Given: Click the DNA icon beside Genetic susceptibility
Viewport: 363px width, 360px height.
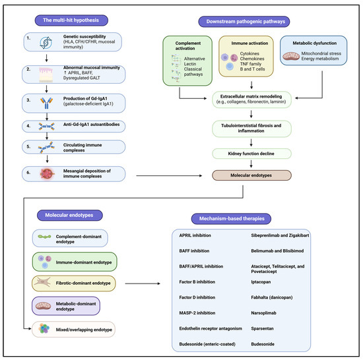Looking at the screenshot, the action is [46, 43].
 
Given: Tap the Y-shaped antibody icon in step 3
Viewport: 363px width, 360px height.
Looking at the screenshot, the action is [47, 103].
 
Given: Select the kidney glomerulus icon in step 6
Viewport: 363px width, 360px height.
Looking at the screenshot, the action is [47, 173].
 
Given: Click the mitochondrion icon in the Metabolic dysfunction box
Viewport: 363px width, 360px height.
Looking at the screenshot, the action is [291, 56].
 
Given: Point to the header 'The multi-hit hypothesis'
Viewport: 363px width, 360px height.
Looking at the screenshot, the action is [71, 20].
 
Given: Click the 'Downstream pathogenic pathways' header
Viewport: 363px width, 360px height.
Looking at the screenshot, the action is [244, 22].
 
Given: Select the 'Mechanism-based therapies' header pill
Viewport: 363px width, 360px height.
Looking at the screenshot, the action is [231, 219].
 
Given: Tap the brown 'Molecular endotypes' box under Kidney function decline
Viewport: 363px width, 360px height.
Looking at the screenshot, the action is [251, 175].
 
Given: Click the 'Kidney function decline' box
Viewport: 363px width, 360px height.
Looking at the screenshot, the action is [251, 154].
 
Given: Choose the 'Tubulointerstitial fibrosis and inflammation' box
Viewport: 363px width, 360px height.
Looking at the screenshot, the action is [251, 129].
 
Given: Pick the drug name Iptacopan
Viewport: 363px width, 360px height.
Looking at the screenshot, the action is [261, 282].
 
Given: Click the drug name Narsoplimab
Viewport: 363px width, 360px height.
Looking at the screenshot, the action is [264, 313].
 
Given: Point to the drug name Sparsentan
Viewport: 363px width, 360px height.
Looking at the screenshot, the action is [262, 328].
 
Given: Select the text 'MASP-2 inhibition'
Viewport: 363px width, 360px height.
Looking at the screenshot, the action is [197, 313].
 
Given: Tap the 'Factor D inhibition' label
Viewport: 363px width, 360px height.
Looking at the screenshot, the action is [197, 297].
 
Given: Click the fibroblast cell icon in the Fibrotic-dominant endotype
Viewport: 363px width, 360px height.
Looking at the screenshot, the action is [42, 282].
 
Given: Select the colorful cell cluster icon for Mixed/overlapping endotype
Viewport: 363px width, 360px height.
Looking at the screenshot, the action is [44, 328].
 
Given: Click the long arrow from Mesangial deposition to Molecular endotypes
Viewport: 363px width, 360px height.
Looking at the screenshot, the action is [169, 176].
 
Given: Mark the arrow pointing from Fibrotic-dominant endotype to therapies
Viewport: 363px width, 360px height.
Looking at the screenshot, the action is [143, 284].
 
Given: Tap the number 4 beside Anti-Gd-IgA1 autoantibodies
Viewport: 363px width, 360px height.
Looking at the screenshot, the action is [28, 126].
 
